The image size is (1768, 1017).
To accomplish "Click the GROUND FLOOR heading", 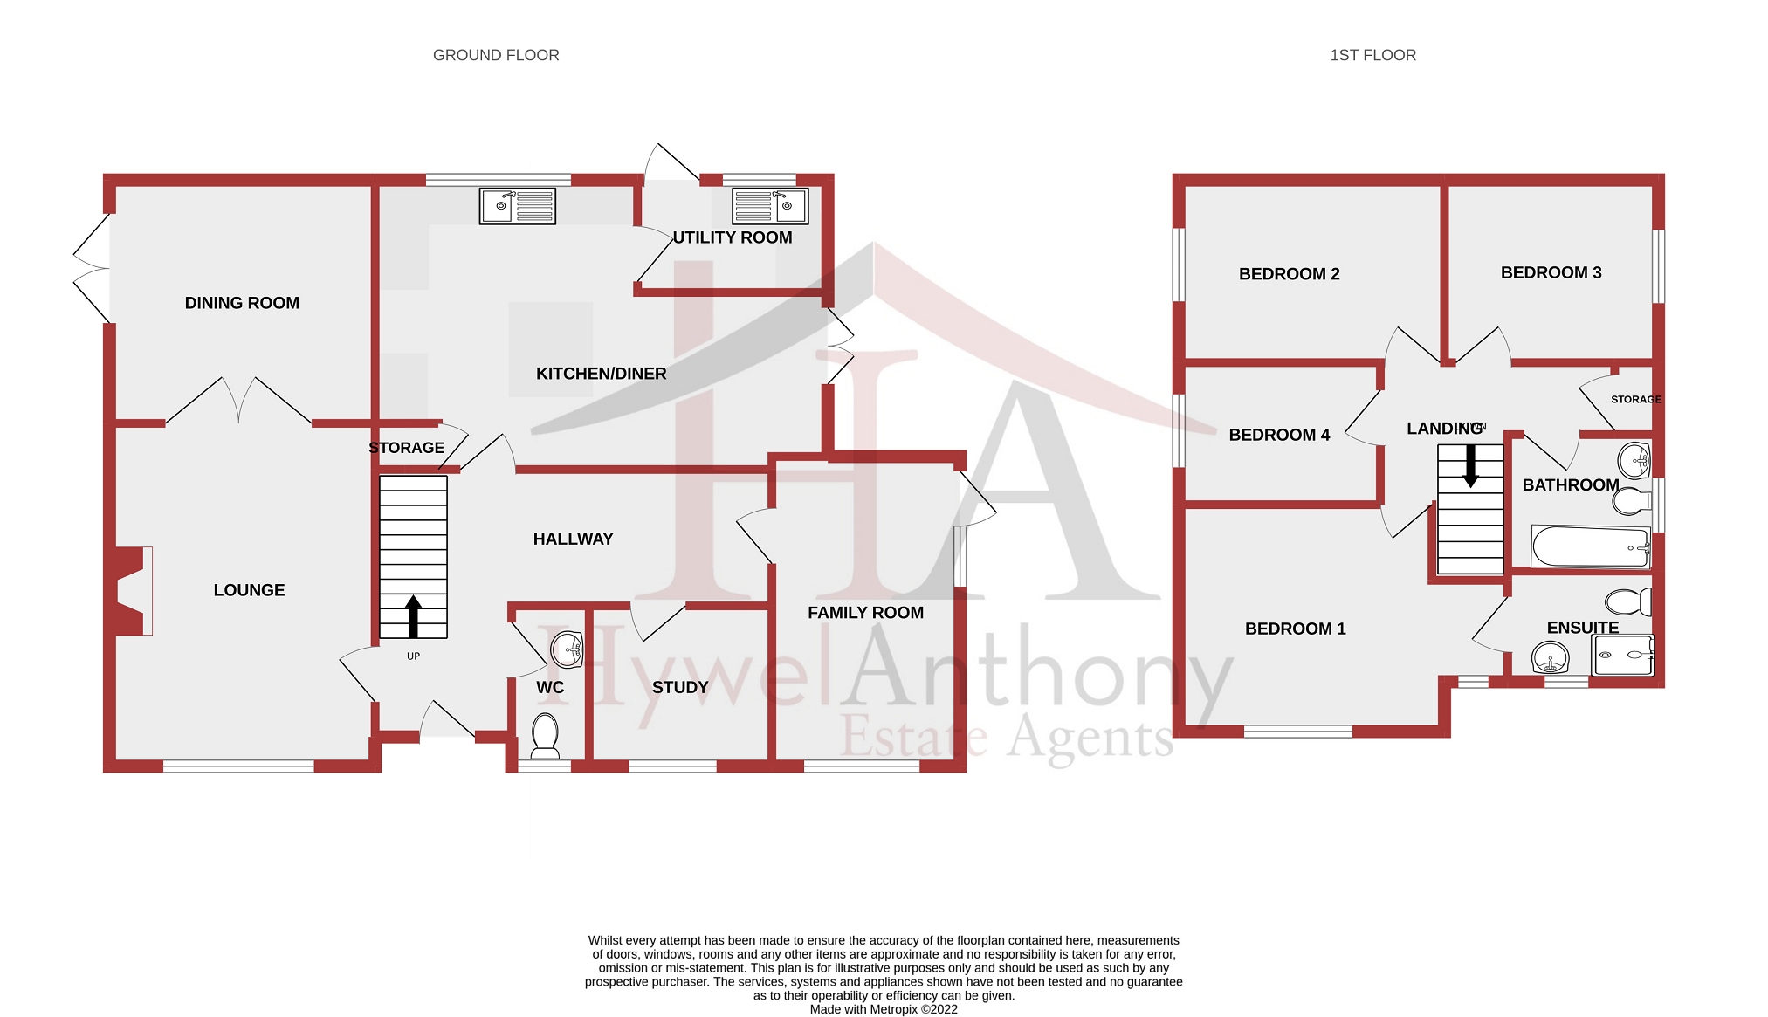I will (x=496, y=55).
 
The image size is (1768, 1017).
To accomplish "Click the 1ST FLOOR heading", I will (x=1372, y=55).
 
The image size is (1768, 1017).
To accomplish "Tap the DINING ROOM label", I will (x=242, y=303).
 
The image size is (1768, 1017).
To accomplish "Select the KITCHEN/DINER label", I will (x=601, y=374).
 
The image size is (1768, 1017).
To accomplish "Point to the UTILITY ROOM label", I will (x=733, y=237).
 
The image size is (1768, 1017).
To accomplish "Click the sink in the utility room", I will (x=770, y=206).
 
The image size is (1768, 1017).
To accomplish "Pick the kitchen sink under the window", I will (x=518, y=206).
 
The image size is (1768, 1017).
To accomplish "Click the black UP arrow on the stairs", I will (x=413, y=615).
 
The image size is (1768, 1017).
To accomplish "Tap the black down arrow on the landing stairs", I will (x=1470, y=466).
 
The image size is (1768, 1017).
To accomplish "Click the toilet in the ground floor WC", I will (x=546, y=736).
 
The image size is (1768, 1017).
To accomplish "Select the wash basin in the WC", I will (x=568, y=649).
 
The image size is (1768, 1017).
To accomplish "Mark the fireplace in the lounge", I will (x=131, y=590).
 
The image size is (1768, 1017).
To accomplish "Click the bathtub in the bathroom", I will (x=1590, y=547).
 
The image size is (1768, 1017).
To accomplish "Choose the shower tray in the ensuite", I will (x=1622, y=655).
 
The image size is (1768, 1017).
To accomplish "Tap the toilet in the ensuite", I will (x=1628, y=601).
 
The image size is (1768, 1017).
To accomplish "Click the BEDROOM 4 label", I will (x=1279, y=435).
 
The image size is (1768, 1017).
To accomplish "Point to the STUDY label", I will (x=680, y=688).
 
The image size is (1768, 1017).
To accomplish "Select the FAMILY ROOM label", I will (x=865, y=613).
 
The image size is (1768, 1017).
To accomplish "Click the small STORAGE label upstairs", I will (x=1635, y=400).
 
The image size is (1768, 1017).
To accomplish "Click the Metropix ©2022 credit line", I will (x=884, y=1009).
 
